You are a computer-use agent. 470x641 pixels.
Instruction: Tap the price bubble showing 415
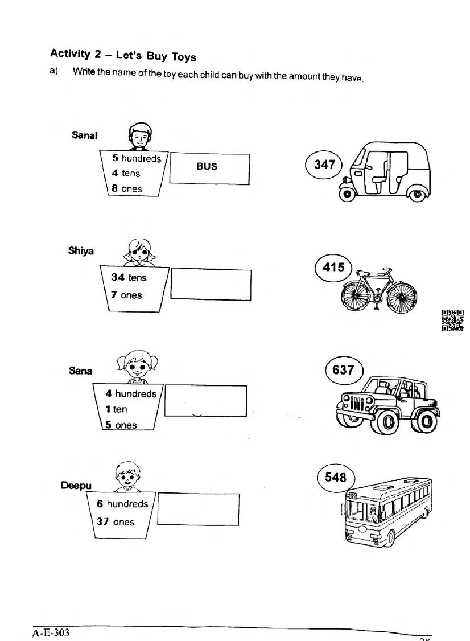coord(333,267)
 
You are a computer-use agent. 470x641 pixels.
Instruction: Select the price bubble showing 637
coord(343,370)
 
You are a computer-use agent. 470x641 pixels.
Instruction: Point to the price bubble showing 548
coord(335,477)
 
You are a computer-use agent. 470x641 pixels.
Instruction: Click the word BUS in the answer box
coord(207,166)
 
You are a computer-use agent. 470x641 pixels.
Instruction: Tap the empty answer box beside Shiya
coord(211,284)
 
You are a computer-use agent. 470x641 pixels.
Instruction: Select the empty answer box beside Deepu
coord(198,509)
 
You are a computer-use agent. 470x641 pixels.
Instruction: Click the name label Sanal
coord(84,135)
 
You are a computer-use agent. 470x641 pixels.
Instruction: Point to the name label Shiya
coord(81,250)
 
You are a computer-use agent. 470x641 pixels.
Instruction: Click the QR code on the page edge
coord(452,320)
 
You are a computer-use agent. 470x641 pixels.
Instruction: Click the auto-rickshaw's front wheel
coord(347,194)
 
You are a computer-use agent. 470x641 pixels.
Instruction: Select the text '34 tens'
coord(129,278)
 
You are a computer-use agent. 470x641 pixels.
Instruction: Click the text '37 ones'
coord(116,521)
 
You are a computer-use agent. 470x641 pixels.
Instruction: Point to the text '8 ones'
coord(127,188)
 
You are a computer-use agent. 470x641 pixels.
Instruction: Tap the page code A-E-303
coord(51,632)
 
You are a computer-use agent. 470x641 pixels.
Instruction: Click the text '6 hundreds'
coord(122,504)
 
